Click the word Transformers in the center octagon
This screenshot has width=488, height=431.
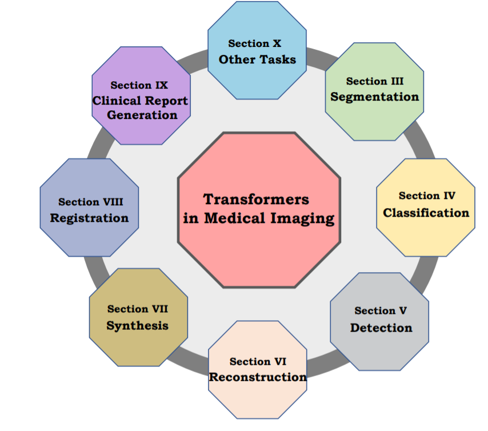pos(256,199)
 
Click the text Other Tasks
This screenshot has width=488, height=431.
pos(257,59)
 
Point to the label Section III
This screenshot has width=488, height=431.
pos(374,81)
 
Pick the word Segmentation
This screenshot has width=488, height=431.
pos(374,97)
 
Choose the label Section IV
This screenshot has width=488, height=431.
pos(427,196)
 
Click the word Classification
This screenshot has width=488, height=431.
pos(426,213)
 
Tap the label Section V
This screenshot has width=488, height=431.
pos(381,311)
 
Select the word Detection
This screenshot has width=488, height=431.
pos(381,328)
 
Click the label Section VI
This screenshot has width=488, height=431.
pos(258,361)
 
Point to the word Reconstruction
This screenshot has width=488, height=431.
pos(258,377)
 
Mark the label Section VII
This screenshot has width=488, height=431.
pos(138,309)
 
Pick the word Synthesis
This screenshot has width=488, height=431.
pos(138,326)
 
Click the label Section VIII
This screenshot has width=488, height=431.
pos(90,202)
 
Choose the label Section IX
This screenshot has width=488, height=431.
pos(139,85)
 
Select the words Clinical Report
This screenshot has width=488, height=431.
pos(141,101)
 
